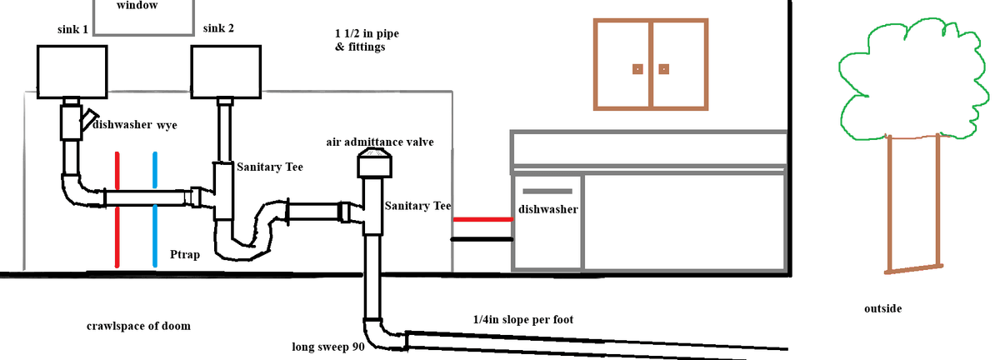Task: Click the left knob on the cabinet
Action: [x=637, y=68]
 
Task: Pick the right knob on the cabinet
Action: [x=664, y=68]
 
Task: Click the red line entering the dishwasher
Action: [x=482, y=220]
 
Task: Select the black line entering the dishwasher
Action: [x=482, y=239]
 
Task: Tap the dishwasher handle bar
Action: [x=547, y=192]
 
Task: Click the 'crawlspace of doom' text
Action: [x=138, y=326]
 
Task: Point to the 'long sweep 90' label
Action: [x=328, y=347]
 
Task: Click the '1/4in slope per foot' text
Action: [x=522, y=320]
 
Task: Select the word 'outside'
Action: [x=882, y=309]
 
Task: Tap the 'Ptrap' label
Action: [x=184, y=253]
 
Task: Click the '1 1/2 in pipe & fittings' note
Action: [x=360, y=40]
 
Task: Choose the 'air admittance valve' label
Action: [x=379, y=142]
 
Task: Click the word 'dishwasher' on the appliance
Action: [x=548, y=208]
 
